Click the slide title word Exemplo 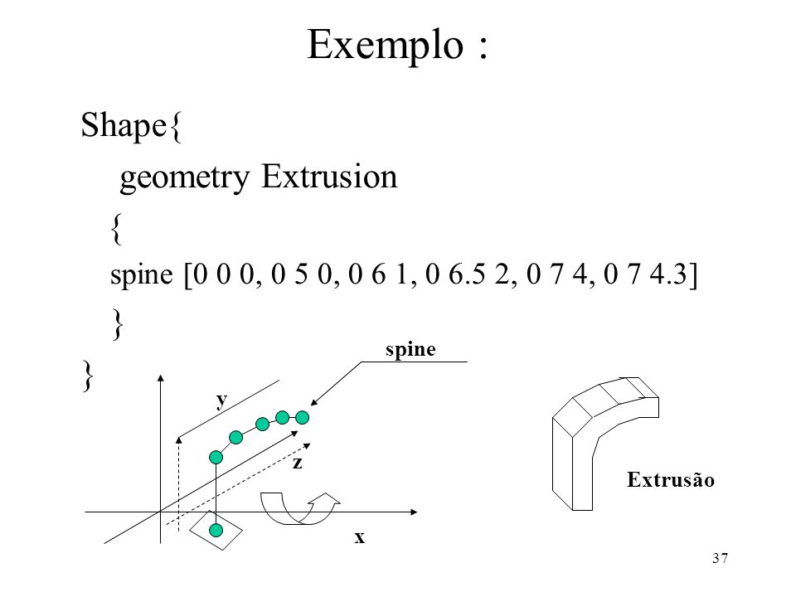tap(386, 46)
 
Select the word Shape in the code tap(124, 125)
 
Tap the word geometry tap(185, 178)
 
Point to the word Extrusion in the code tap(329, 177)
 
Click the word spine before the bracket tap(142, 275)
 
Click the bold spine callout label tap(410, 350)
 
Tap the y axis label tap(221, 400)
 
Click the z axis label tap(298, 463)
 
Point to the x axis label tap(359, 537)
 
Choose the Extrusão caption tap(671, 480)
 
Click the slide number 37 tap(720, 558)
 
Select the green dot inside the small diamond tap(216, 531)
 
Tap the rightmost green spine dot tap(302, 418)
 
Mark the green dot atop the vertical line tap(216, 458)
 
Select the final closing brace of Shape tap(88, 376)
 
